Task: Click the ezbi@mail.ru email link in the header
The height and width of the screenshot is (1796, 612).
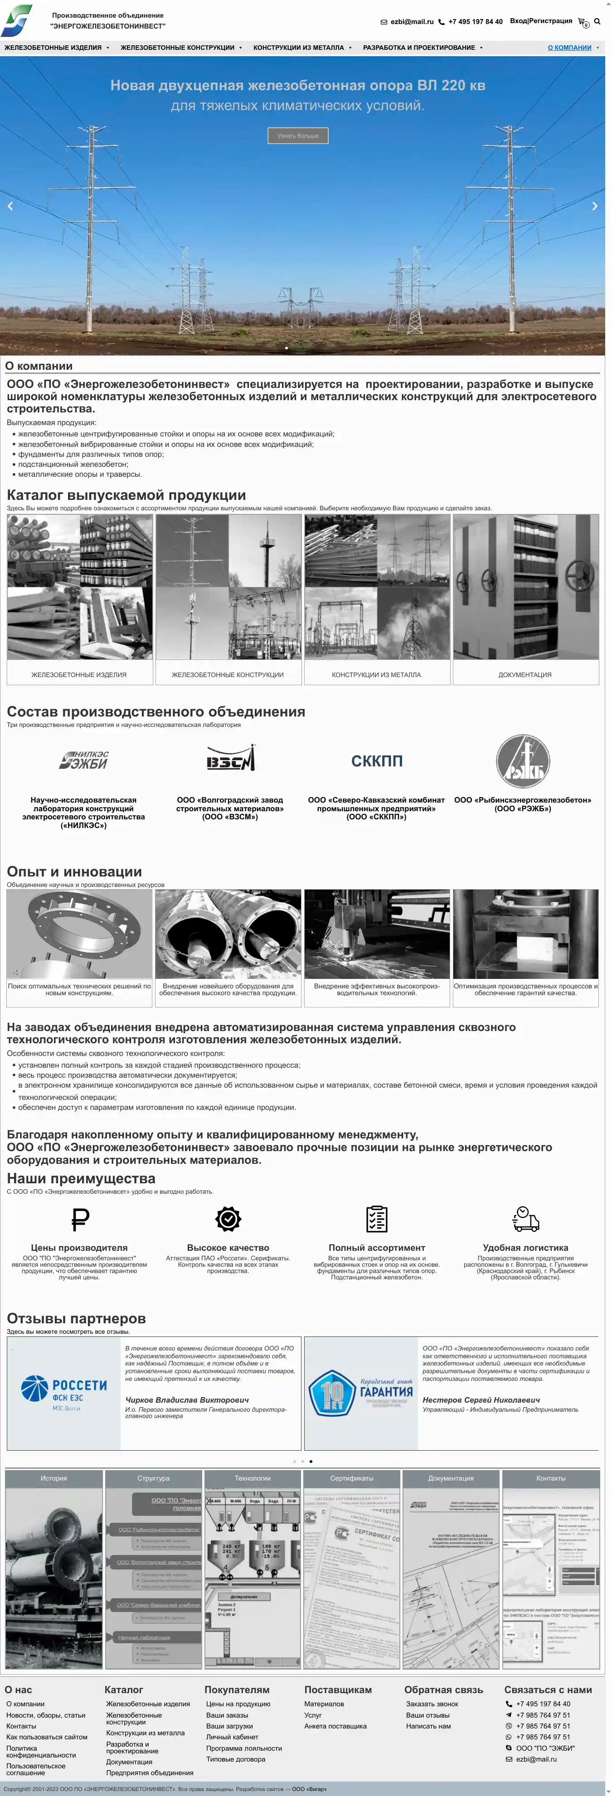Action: pyautogui.click(x=411, y=22)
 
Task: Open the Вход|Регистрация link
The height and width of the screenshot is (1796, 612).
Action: pyautogui.click(x=540, y=21)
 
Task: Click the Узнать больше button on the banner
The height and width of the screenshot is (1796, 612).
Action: pyautogui.click(x=298, y=136)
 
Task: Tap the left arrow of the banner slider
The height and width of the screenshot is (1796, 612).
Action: pyautogui.click(x=10, y=206)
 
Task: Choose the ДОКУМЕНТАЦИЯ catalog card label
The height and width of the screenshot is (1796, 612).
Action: pyautogui.click(x=525, y=675)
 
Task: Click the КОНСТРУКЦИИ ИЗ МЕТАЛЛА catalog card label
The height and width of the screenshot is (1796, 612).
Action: pyautogui.click(x=376, y=675)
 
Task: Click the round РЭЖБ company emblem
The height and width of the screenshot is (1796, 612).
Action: pyautogui.click(x=523, y=761)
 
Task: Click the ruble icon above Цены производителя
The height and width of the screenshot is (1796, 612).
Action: pyautogui.click(x=80, y=1220)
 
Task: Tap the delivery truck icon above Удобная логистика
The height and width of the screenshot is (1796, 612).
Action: pyautogui.click(x=525, y=1220)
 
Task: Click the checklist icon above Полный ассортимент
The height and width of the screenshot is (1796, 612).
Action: pyautogui.click(x=376, y=1220)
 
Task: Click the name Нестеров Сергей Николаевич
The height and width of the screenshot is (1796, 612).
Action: pyautogui.click(x=481, y=1400)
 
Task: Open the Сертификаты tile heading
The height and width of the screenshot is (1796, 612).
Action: pyautogui.click(x=351, y=1478)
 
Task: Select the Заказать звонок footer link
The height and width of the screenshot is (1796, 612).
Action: pyautogui.click(x=432, y=1704)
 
